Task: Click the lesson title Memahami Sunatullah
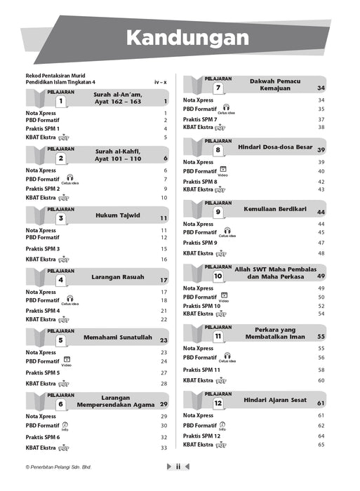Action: [x=118, y=338]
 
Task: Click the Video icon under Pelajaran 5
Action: [x=66, y=361]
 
